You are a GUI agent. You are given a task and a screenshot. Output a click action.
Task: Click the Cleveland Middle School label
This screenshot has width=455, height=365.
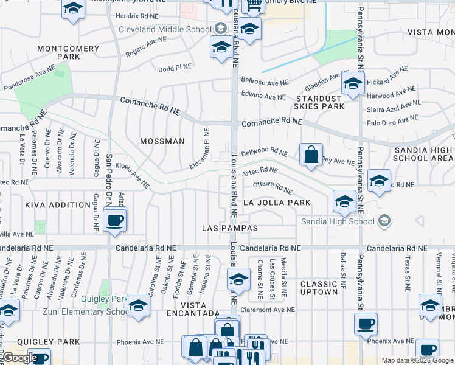(x=164, y=29)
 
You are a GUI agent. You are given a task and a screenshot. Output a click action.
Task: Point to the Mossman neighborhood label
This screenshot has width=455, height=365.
(x=162, y=141)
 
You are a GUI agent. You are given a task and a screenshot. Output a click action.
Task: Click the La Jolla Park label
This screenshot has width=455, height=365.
(x=277, y=203)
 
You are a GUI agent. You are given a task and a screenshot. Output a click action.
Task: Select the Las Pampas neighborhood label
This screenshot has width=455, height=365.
(x=231, y=228)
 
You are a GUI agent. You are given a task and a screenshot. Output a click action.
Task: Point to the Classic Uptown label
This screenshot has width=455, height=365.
(x=319, y=288)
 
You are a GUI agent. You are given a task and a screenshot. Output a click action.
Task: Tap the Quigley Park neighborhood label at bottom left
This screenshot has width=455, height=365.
(x=40, y=342)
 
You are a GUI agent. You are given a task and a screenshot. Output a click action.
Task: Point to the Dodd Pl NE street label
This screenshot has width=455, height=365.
(x=175, y=68)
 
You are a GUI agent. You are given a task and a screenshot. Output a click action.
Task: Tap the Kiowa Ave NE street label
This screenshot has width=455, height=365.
(x=132, y=179)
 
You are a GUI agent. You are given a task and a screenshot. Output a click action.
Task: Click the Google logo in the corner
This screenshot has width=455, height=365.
(x=19, y=358)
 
